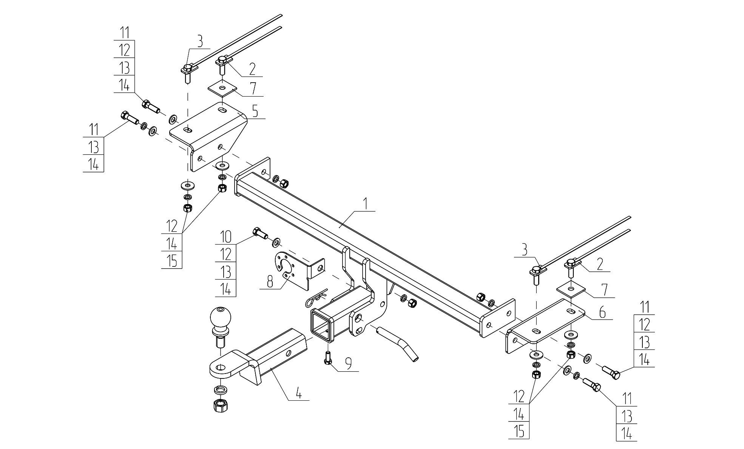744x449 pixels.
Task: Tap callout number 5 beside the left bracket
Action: pyautogui.click(x=255, y=112)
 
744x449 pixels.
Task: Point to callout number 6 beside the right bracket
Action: pyautogui.click(x=602, y=312)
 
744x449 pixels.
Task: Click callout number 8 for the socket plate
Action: pyautogui.click(x=270, y=282)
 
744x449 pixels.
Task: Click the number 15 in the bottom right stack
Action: pyautogui.click(x=519, y=431)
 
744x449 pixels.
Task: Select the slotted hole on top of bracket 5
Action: pyautogui.click(x=223, y=110)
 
